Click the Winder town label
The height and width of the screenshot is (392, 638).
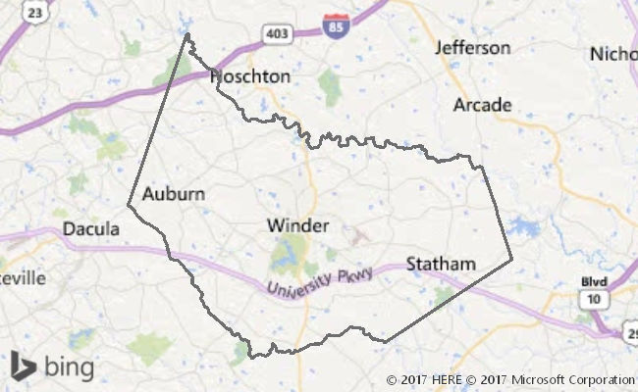297,225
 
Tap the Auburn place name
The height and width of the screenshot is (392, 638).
174,193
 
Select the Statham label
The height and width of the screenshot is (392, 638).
441,264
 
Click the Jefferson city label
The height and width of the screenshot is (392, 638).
473,47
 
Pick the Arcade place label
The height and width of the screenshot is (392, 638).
483,104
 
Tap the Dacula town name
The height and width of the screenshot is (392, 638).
90,229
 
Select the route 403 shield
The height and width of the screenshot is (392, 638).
276,34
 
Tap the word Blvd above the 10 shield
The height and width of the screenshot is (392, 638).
594,282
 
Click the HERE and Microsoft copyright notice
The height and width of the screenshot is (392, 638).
510,379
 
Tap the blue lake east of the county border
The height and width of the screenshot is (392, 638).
525,228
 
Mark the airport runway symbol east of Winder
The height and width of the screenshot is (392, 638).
358,235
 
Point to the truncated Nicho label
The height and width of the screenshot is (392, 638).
613,54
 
